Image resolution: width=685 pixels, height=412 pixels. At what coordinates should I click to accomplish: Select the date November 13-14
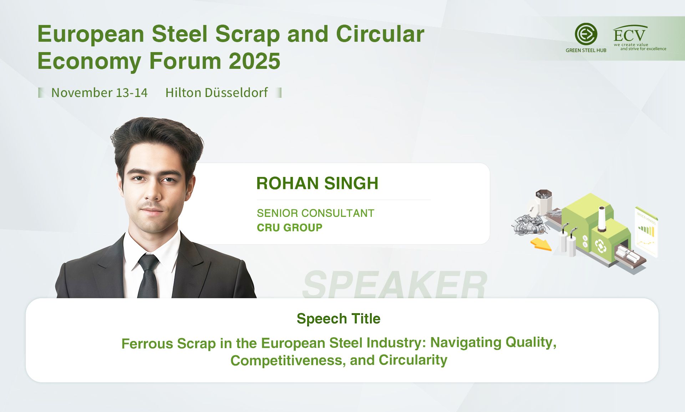99,93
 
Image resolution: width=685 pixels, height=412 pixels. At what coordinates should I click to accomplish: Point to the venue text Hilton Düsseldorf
216,93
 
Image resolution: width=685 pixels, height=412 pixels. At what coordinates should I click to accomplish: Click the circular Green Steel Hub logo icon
586,34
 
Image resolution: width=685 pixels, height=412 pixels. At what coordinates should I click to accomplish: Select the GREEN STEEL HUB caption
586,50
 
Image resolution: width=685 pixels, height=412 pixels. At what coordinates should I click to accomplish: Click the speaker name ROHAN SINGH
317,183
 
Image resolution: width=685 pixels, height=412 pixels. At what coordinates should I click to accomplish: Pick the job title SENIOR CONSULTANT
315,213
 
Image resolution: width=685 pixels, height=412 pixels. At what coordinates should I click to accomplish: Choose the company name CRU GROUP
289,228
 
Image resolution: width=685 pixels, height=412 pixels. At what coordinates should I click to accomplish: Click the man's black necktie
148,276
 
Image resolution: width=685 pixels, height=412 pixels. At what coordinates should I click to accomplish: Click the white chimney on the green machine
602,218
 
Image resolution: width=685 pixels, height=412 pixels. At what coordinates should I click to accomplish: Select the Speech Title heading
338,319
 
